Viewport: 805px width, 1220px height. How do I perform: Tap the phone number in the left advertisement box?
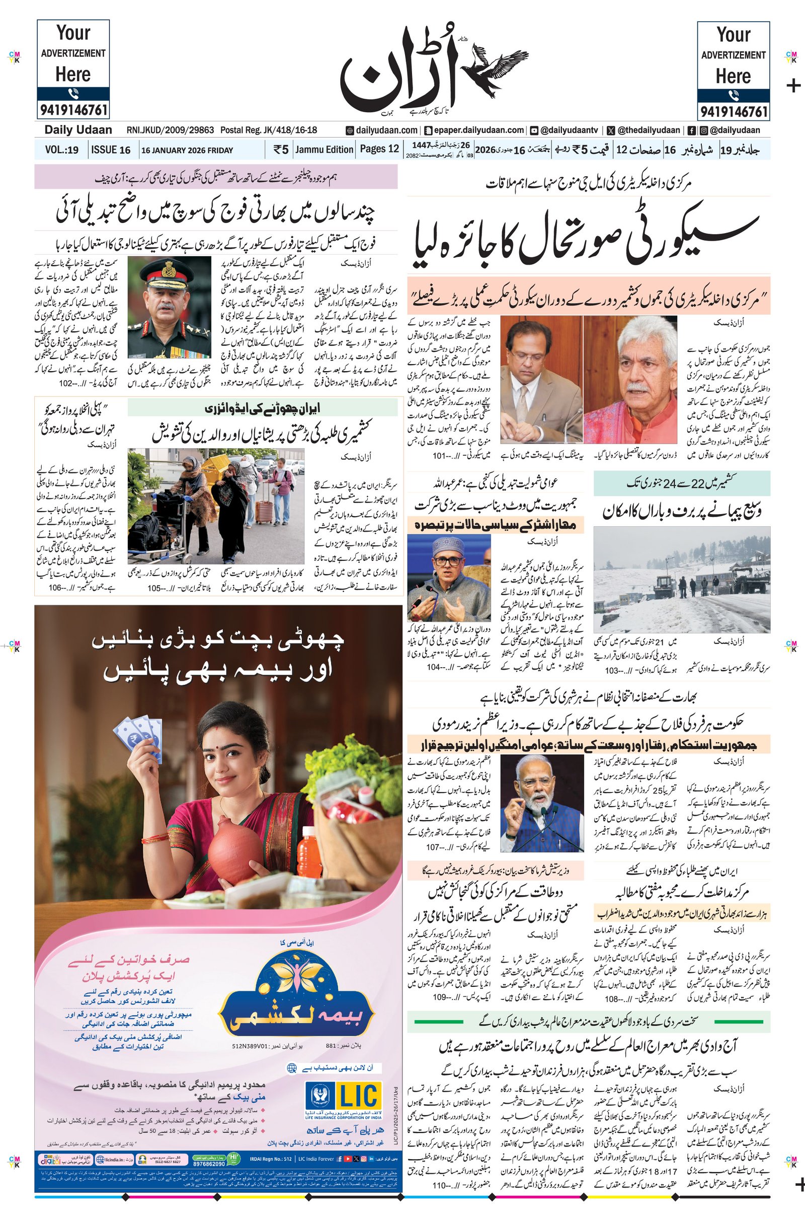[73, 110]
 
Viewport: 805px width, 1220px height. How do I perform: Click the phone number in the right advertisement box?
[733, 111]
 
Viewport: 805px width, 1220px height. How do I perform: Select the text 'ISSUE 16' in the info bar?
[110, 150]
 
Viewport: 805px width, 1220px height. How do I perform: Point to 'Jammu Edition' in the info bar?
[325, 150]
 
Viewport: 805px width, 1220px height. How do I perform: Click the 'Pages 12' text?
[379, 149]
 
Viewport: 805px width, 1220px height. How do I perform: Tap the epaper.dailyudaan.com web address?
[477, 130]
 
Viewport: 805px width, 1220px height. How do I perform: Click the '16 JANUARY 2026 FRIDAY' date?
[187, 151]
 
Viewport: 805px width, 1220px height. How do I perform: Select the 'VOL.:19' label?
[61, 150]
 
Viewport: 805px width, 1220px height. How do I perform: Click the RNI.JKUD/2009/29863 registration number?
[170, 130]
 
